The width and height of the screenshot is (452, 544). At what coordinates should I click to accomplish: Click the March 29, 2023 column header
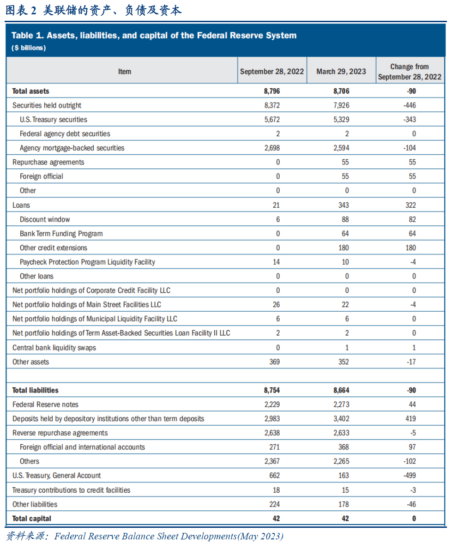pos(341,72)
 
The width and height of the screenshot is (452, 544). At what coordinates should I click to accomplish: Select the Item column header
pos(125,72)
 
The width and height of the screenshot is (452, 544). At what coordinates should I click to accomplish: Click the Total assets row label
pos(30,91)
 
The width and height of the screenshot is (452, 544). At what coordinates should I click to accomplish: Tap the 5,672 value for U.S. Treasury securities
pos(272,120)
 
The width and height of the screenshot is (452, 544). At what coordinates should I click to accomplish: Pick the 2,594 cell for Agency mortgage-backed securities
pos(341,148)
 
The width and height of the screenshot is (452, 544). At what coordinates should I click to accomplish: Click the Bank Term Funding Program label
pos(61,234)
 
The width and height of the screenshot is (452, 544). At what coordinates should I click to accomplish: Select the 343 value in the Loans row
pos(344,206)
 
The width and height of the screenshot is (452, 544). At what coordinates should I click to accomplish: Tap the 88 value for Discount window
pos(345,220)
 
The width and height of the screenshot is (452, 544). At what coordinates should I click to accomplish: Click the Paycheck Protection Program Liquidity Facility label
pos(87,262)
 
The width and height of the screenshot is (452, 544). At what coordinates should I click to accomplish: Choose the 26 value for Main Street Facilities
pos(276,305)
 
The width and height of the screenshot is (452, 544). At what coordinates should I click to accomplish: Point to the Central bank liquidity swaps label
pos(54,348)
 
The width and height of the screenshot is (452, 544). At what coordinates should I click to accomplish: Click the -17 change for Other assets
pos(411,362)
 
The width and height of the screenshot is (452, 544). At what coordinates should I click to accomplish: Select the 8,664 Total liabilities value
pos(341,390)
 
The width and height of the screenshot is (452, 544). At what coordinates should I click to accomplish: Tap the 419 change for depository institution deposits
pos(411,419)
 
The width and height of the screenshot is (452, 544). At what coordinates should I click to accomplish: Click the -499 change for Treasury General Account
pos(410,476)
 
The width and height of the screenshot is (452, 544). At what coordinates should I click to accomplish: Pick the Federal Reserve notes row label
pos(45,405)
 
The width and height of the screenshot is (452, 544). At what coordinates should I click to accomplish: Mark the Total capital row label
pos(31,519)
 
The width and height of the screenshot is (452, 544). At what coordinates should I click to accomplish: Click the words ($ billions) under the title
pos(29,48)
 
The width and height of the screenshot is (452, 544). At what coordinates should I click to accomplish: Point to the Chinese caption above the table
pos(94,10)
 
